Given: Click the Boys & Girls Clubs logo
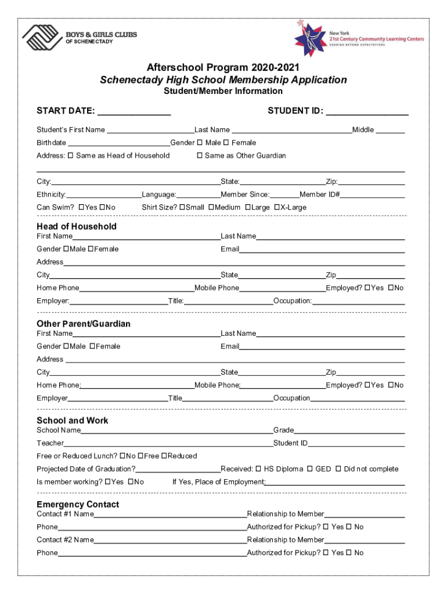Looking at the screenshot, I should click(x=79, y=38).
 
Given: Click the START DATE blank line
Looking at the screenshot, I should click(x=134, y=111).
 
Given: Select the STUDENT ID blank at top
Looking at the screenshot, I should click(x=367, y=111).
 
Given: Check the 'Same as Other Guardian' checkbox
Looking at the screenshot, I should click(x=200, y=155).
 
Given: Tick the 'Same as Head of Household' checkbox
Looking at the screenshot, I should click(x=71, y=155).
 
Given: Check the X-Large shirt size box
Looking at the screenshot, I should click(x=277, y=208).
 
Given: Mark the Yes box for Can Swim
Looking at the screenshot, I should click(x=81, y=208).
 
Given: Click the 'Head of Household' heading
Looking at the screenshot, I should click(x=77, y=226).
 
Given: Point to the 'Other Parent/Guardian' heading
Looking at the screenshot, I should click(x=84, y=324).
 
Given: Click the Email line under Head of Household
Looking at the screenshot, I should click(x=322, y=250).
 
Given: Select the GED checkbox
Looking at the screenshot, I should click(x=310, y=469).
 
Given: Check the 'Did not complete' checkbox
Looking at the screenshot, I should click(x=338, y=469).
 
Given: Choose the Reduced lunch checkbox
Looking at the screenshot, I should click(x=164, y=456).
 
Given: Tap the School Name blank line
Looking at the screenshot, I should click(x=176, y=431).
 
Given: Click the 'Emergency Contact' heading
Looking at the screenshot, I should click(x=78, y=505).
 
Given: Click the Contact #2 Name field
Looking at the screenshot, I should click(x=170, y=541).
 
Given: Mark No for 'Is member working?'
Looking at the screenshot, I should click(x=131, y=482).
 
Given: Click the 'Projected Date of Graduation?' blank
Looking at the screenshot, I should click(x=178, y=470).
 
